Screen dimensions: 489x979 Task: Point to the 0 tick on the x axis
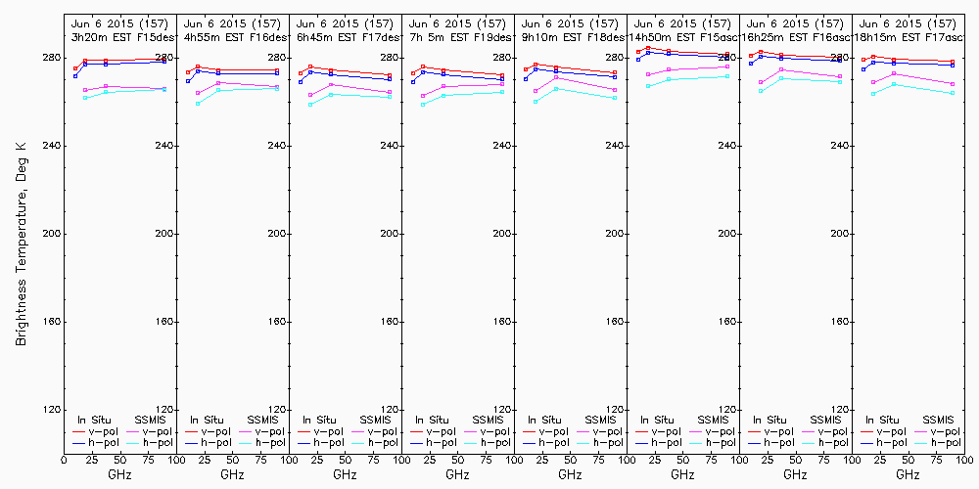64,459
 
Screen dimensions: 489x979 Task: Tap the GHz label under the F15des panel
120,474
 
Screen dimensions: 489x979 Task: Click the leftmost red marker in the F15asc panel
638,52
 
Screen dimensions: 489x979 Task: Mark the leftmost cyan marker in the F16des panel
198,103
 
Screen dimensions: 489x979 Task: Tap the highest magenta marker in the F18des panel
556,77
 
